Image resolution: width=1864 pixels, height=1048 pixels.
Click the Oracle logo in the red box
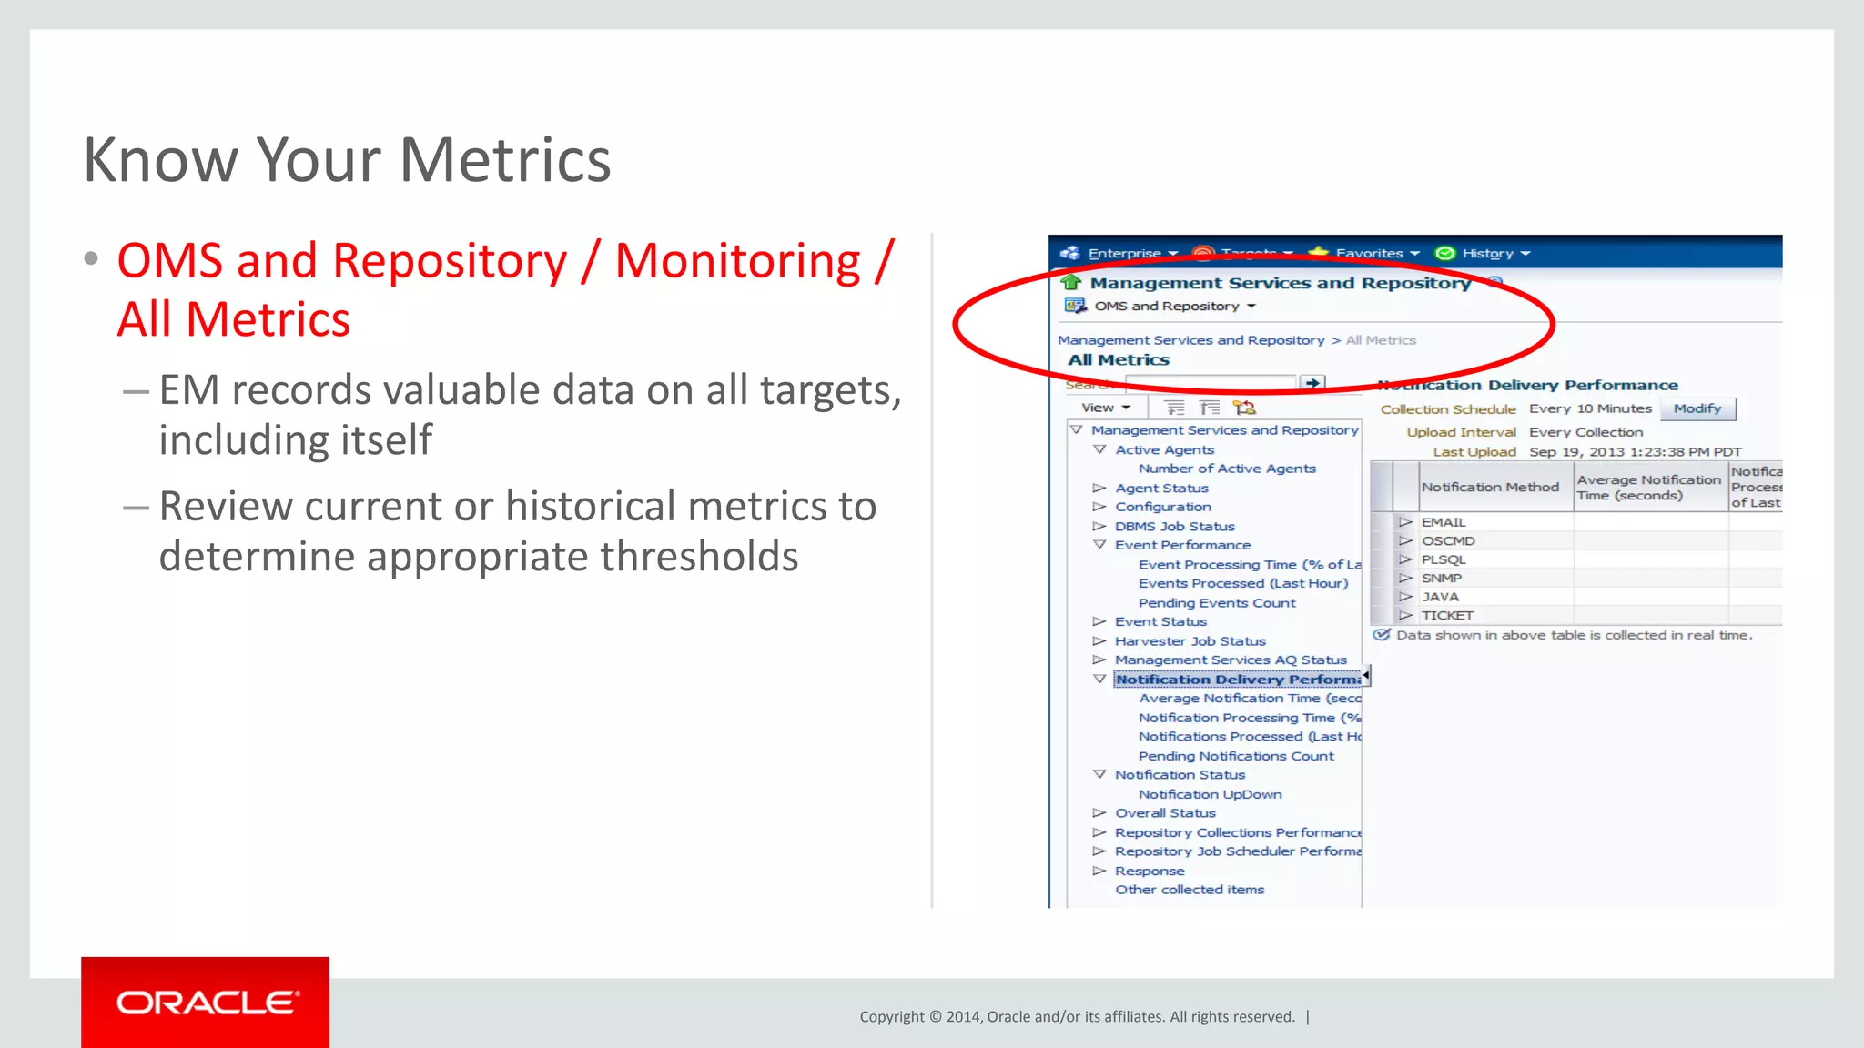(206, 1003)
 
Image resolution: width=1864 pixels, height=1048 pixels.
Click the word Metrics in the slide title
(505, 160)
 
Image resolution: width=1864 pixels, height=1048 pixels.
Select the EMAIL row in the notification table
(1444, 522)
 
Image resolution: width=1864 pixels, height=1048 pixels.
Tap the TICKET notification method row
(1447, 616)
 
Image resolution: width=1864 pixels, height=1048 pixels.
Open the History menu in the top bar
(1487, 254)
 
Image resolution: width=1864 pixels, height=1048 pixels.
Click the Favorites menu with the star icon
(1368, 254)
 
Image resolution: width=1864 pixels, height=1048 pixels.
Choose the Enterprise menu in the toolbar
(1124, 254)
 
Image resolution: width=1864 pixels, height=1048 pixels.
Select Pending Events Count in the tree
(1217, 603)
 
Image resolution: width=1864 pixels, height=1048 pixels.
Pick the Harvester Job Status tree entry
(1190, 641)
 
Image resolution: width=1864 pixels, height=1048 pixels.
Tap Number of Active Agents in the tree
(1226, 469)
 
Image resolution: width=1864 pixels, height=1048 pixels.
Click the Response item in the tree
(1150, 872)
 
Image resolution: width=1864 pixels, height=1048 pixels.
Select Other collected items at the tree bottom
(1190, 890)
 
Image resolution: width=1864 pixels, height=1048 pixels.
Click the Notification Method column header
(1490, 488)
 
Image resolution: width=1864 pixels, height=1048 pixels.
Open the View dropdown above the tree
(1105, 408)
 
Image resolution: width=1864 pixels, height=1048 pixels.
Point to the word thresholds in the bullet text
(699, 557)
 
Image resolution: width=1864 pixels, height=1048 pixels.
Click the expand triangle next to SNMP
(1405, 579)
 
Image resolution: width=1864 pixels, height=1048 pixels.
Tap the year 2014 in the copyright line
(963, 1017)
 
